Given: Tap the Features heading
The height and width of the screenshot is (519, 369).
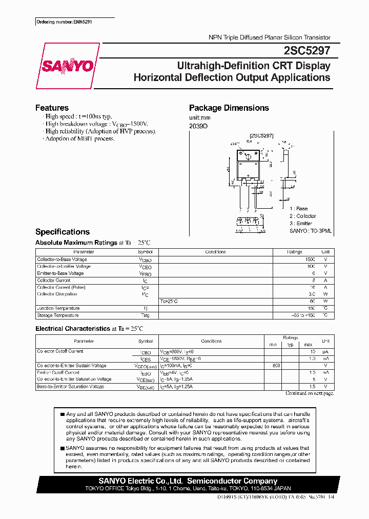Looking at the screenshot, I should (x=52, y=108).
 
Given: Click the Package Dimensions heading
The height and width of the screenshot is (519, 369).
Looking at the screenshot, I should (x=229, y=108).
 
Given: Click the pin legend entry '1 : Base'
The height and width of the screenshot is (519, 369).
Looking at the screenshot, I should (x=298, y=209).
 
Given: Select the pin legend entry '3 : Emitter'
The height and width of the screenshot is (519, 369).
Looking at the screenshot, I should (x=301, y=224).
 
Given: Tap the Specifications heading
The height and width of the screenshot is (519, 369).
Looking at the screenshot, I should (x=62, y=232).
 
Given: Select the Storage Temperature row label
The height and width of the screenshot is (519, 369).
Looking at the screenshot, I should (x=58, y=315).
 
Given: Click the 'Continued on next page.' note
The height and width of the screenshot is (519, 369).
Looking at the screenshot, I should (x=309, y=393).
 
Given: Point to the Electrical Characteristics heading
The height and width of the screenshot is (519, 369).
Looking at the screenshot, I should (x=72, y=328).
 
